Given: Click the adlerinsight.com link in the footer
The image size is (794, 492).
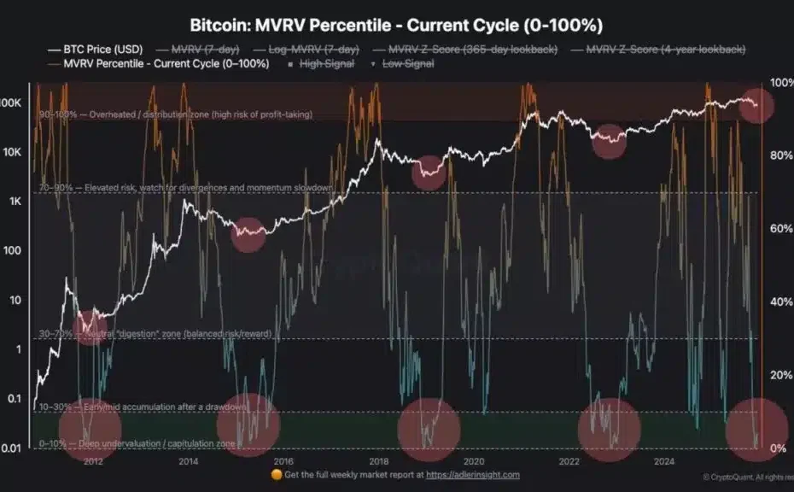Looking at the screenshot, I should click(473, 475).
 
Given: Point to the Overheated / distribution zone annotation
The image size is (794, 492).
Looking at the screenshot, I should click(175, 114).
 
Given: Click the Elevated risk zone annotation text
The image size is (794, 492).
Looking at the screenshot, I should click(184, 186).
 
